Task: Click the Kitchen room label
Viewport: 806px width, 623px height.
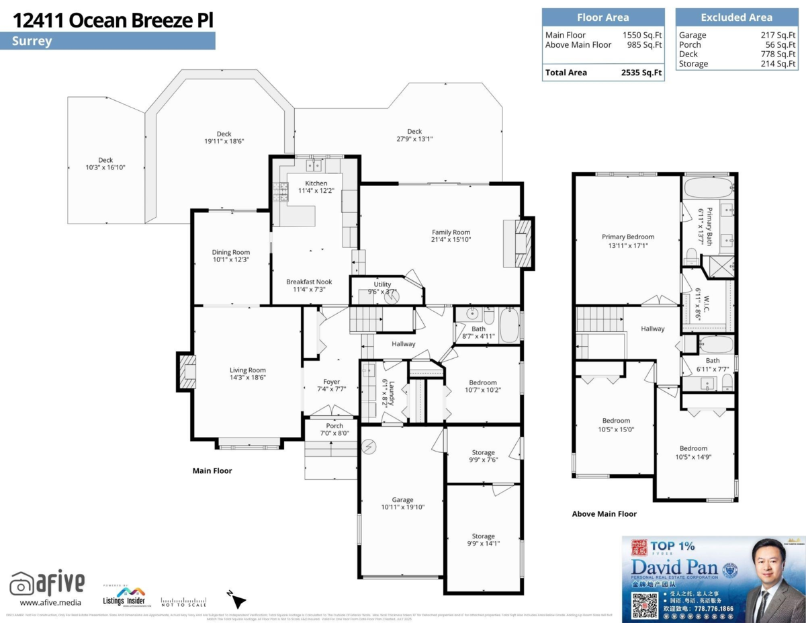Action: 316,183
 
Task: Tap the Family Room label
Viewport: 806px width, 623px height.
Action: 451,233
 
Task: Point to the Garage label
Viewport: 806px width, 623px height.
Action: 403,500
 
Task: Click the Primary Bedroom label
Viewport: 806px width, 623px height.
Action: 628,237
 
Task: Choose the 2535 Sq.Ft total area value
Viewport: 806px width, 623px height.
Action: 641,73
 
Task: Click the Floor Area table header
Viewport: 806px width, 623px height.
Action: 603,17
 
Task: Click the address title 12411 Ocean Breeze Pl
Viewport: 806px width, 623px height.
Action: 113,20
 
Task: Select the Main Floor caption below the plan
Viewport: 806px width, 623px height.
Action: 212,470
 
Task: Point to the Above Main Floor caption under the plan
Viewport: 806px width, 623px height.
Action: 604,514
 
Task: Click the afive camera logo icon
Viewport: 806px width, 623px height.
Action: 22,583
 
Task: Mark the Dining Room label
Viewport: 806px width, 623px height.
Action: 231,253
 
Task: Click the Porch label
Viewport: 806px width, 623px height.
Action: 334,426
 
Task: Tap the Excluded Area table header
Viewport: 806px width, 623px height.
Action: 736,17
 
